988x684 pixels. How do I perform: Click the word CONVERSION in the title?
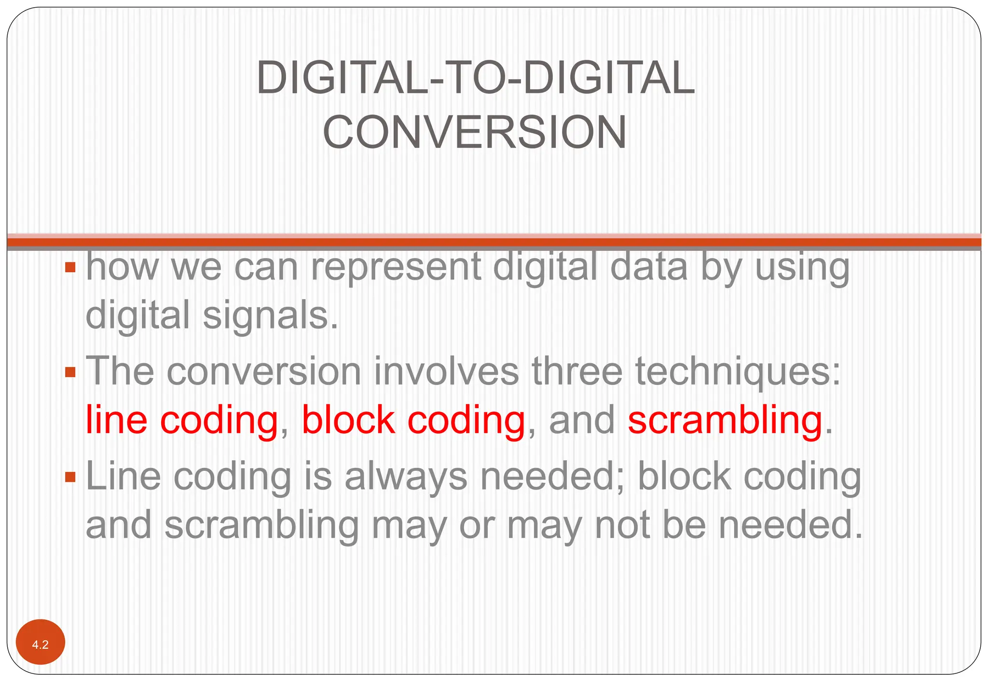[x=475, y=132]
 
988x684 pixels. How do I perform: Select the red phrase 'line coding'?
[x=182, y=420]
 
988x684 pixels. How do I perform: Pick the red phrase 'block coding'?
[x=413, y=420]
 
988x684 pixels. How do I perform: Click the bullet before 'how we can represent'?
[x=70, y=267]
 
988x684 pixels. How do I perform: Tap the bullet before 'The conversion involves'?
[x=70, y=372]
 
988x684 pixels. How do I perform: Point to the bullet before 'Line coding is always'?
[x=70, y=477]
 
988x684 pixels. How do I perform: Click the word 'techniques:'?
[x=738, y=372]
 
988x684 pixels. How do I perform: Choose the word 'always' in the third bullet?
[x=406, y=477]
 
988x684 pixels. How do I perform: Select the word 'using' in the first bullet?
[x=802, y=268]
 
